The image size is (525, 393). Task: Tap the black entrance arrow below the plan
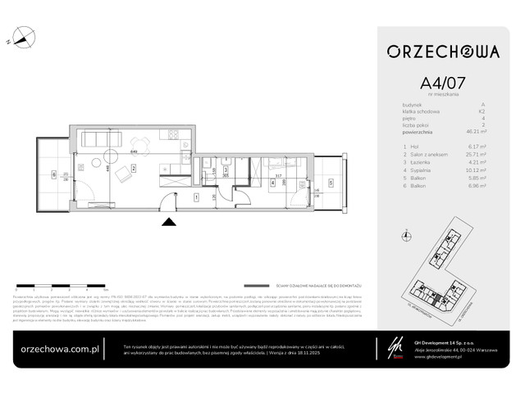point(169,220)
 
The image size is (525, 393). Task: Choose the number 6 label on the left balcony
point(55,174)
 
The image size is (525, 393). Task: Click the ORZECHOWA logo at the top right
point(443,52)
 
